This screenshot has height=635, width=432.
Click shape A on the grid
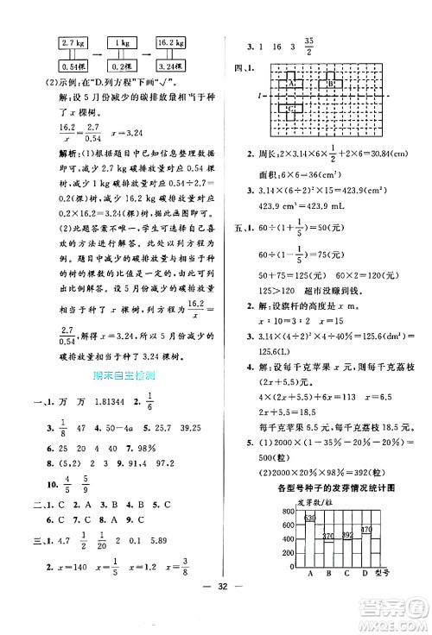(x=291, y=84)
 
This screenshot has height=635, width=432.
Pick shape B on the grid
(x=331, y=84)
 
